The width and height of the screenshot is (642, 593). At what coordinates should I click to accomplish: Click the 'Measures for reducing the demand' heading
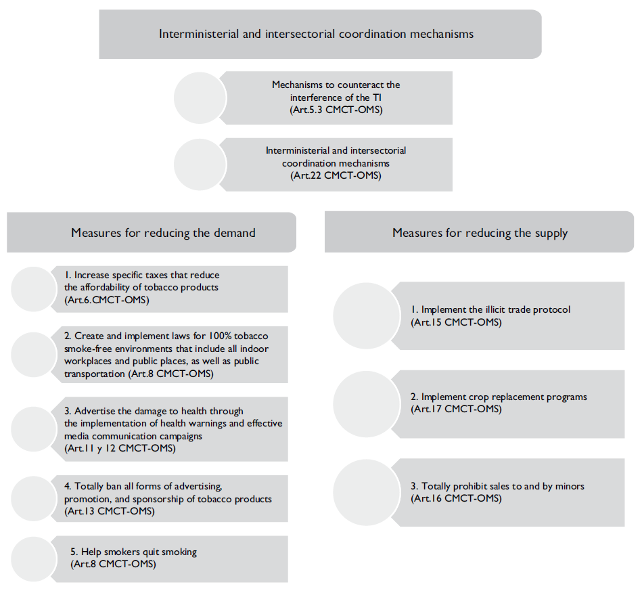(x=163, y=233)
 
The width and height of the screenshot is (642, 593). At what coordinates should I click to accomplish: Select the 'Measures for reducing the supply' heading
(x=480, y=233)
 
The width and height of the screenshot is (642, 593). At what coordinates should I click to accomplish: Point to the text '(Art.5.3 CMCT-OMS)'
(x=336, y=110)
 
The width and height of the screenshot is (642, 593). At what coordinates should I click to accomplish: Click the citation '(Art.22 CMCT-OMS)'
(x=336, y=175)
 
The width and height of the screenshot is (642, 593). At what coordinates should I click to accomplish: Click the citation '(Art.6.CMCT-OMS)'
(x=107, y=299)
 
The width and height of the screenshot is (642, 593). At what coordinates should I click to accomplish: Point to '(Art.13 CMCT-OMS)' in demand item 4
(x=110, y=511)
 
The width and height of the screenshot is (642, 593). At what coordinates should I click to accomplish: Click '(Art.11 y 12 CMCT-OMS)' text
(x=120, y=449)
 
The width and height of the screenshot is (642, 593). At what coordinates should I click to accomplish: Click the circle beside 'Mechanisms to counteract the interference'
(x=200, y=97)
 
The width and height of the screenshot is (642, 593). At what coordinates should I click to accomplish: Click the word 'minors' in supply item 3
(x=570, y=486)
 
